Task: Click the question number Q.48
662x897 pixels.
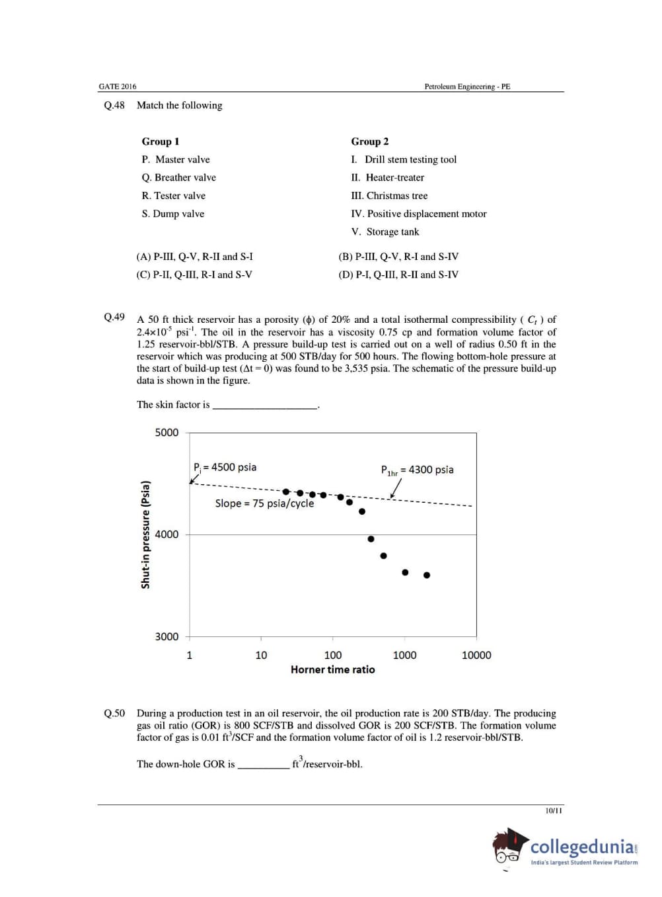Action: click(x=114, y=105)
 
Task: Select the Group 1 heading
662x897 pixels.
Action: click(x=161, y=142)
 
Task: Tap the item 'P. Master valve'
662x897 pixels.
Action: click(x=176, y=159)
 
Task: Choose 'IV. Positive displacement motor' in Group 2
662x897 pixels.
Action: click(x=418, y=214)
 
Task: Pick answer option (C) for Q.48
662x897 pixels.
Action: click(x=194, y=275)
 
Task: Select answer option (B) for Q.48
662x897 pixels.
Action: click(x=398, y=257)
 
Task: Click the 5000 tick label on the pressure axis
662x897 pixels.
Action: click(x=166, y=433)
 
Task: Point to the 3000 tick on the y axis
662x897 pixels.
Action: click(x=166, y=636)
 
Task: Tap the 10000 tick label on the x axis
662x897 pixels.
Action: click(x=476, y=655)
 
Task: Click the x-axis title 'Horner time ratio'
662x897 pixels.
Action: click(x=332, y=669)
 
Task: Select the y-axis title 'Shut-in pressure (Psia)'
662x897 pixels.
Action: click(x=146, y=534)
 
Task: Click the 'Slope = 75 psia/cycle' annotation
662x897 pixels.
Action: click(x=264, y=503)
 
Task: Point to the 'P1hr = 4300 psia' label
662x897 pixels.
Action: click(x=417, y=470)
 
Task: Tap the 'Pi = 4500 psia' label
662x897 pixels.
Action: click(x=225, y=467)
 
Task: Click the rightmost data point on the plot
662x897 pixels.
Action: click(x=427, y=576)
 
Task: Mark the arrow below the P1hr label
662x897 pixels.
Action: click(x=395, y=488)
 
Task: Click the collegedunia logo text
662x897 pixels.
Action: click(x=584, y=847)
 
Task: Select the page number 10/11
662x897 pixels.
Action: click(x=554, y=810)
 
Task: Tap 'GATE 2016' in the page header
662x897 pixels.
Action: click(x=118, y=87)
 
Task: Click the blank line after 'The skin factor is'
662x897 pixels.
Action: click(x=264, y=406)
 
